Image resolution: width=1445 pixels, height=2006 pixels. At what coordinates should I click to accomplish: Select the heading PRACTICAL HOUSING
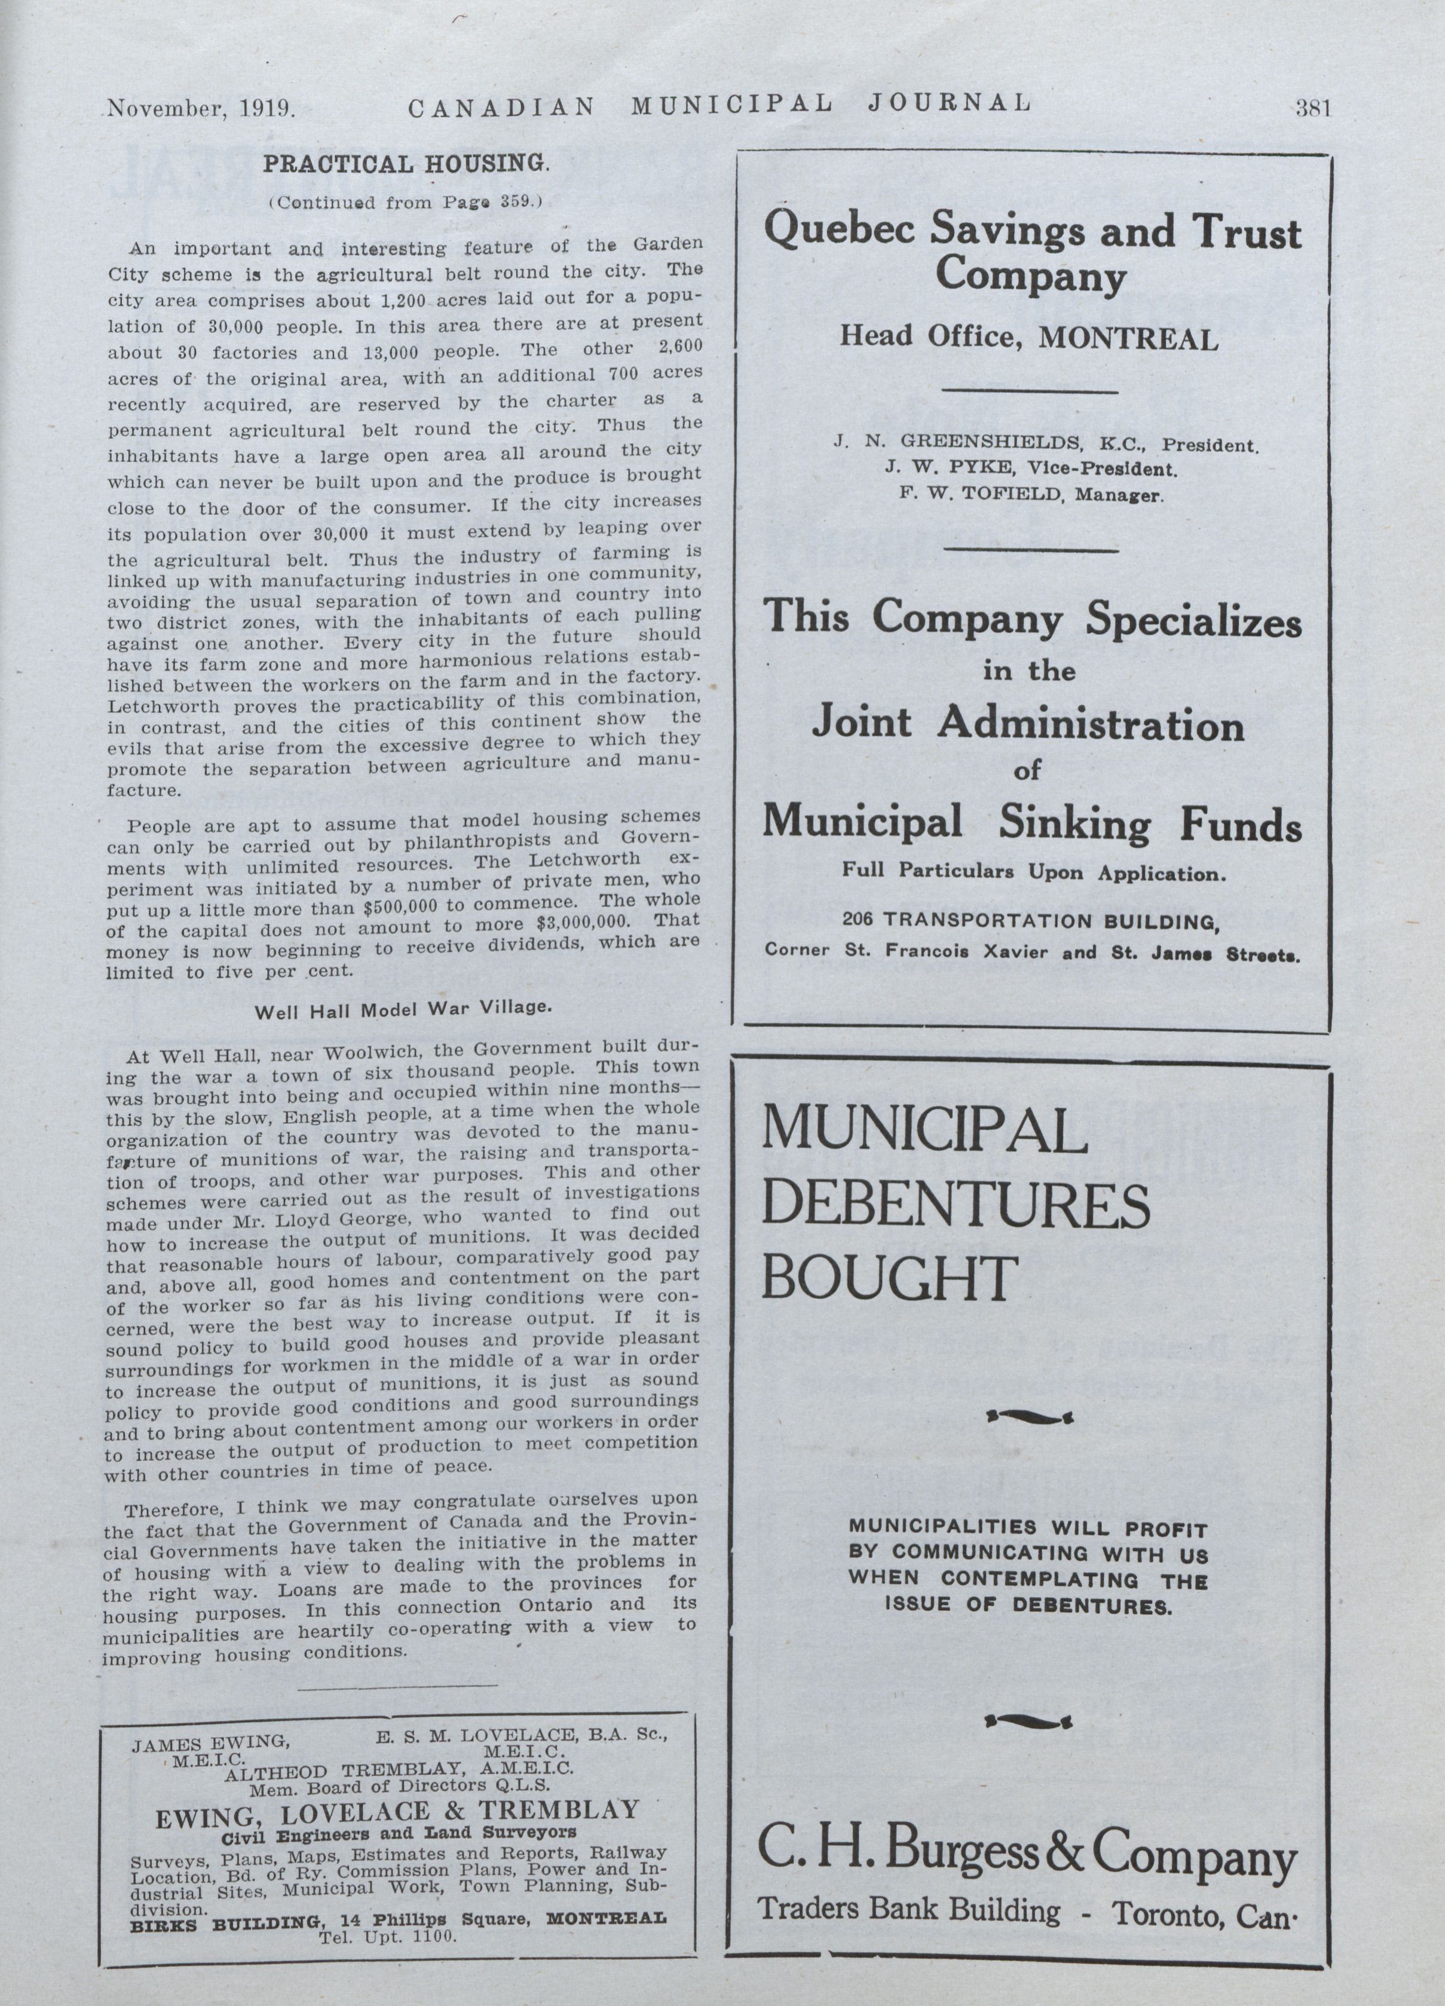tap(407, 164)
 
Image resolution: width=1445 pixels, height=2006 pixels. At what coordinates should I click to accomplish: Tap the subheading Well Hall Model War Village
tap(403, 1009)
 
